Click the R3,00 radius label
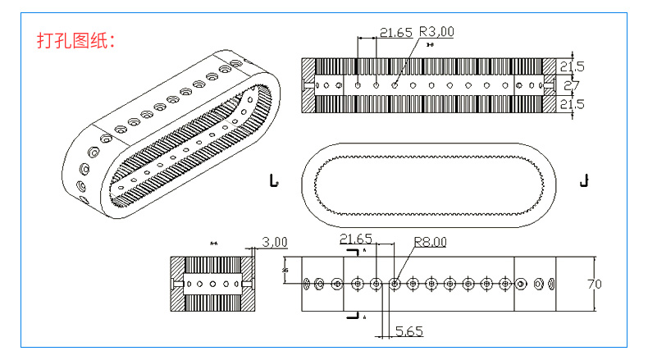(436, 32)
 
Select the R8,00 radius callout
(431, 241)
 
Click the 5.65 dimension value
(408, 331)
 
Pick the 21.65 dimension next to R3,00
(395, 32)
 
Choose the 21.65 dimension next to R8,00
(356, 239)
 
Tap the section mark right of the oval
(584, 180)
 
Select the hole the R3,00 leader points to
(395, 84)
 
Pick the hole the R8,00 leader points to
(395, 284)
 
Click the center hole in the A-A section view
(212, 284)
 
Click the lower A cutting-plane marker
(354, 315)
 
